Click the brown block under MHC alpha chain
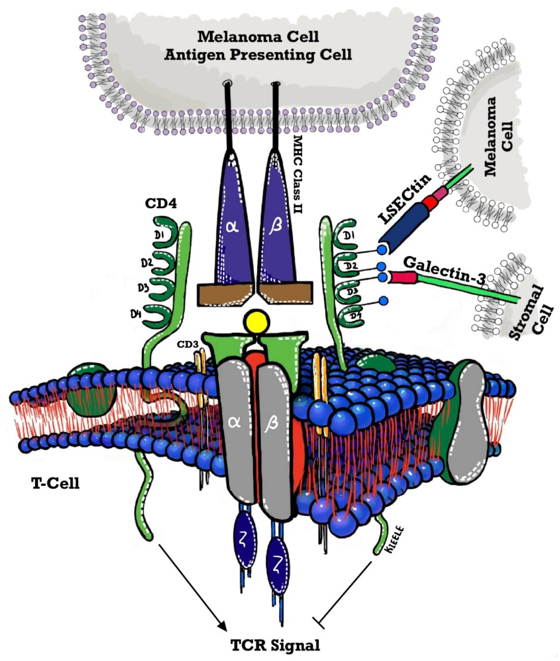tap(225, 294)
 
